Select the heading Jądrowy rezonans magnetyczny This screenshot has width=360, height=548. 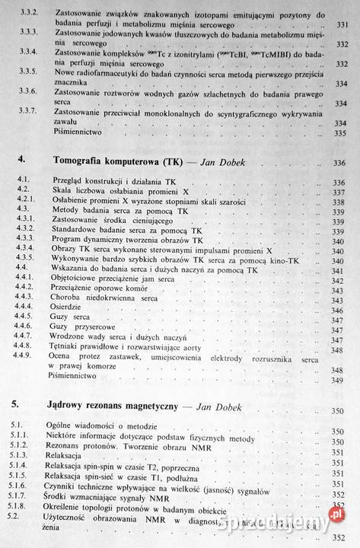[114, 407]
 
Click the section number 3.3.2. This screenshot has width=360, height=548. [27, 13]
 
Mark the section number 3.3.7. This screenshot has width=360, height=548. [27, 111]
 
